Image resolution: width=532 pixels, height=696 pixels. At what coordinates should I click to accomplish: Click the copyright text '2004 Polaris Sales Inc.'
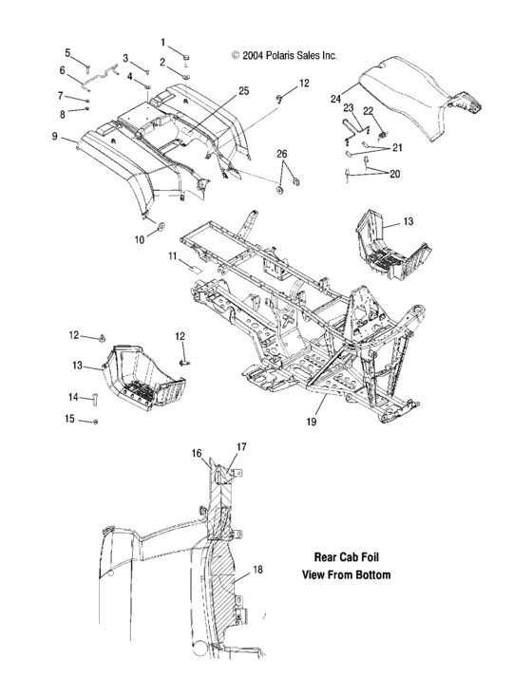click(x=284, y=56)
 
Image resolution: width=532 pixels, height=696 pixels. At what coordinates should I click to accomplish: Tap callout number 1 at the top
click(x=162, y=42)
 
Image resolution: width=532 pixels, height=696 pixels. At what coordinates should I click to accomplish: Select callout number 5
click(x=67, y=52)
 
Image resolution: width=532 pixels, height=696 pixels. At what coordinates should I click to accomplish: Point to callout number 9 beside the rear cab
click(x=55, y=136)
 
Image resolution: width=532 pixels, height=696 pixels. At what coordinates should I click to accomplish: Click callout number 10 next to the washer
click(x=139, y=240)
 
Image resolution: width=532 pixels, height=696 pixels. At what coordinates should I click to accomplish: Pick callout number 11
click(x=173, y=257)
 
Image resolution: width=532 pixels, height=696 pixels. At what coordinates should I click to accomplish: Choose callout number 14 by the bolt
click(x=71, y=397)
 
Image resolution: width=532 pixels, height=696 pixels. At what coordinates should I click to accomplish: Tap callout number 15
click(x=69, y=418)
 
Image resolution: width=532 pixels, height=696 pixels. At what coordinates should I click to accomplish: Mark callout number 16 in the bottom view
click(x=197, y=455)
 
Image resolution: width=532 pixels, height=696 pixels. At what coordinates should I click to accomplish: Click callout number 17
click(x=240, y=445)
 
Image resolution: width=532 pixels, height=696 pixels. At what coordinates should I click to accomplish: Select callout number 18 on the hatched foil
click(x=257, y=571)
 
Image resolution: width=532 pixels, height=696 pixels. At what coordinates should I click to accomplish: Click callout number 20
click(x=395, y=174)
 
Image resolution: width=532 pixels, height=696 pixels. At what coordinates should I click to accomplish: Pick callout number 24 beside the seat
click(x=335, y=98)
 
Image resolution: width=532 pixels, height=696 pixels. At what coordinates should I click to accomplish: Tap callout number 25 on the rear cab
click(x=244, y=91)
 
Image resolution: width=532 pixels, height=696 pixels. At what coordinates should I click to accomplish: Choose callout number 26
click(x=281, y=154)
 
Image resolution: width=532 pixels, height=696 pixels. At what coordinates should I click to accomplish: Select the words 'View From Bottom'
click(x=346, y=575)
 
